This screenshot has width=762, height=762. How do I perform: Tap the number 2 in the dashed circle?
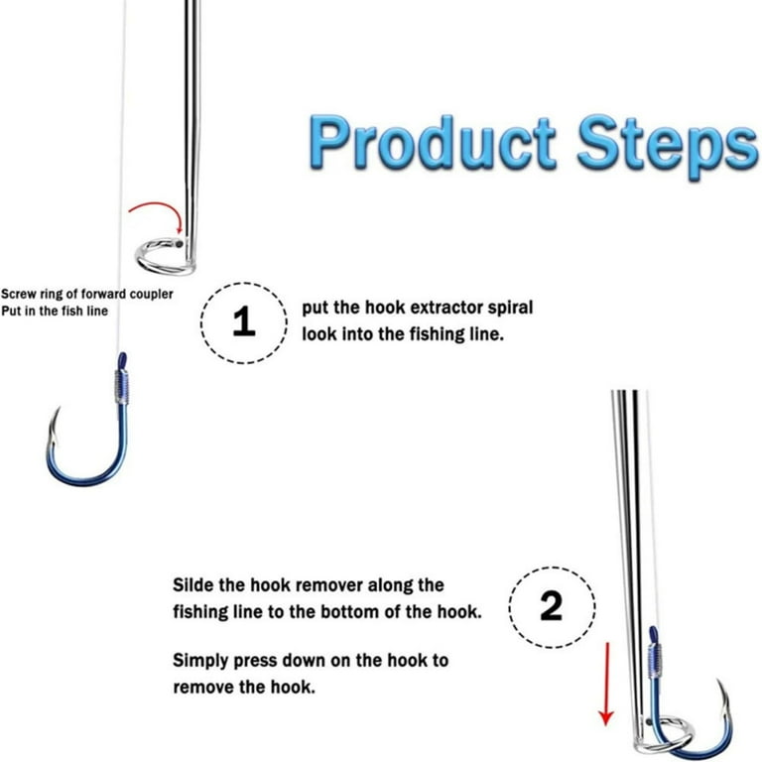coord(551,607)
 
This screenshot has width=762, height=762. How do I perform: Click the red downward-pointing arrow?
coord(606,685)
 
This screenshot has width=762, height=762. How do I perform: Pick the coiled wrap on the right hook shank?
coord(654,658)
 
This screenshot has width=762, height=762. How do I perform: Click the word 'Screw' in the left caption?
coord(21,294)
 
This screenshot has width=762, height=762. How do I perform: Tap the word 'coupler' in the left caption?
coord(149,294)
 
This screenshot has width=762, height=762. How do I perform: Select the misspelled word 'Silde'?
coord(192,585)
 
